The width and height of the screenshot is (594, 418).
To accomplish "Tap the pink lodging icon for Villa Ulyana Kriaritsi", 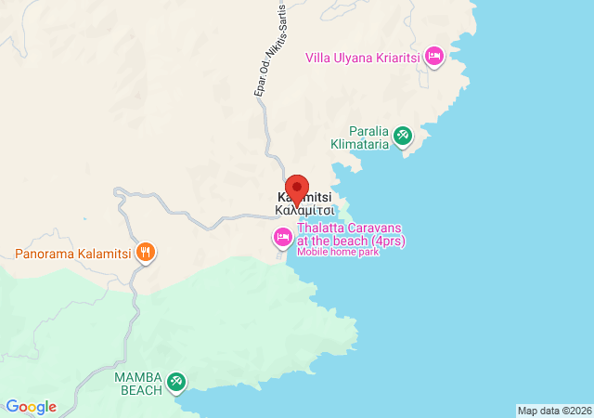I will click(x=434, y=57).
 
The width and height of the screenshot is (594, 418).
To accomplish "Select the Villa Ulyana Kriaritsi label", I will click(x=363, y=58).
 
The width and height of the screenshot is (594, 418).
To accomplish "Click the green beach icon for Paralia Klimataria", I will click(x=403, y=137).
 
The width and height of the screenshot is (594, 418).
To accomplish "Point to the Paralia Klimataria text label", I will click(x=361, y=137).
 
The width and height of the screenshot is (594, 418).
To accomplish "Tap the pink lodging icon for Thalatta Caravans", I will click(x=282, y=238).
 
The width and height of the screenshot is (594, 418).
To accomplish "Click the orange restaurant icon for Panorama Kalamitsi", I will click(x=145, y=252).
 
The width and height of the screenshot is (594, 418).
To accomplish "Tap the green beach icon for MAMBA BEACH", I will click(x=175, y=381).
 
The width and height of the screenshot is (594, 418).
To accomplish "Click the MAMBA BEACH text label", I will click(x=138, y=382).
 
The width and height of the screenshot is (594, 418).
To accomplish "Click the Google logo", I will click(x=31, y=407).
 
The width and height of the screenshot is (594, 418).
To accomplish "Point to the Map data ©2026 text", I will click(x=554, y=411).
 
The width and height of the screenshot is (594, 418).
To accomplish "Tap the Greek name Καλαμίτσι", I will click(x=304, y=210).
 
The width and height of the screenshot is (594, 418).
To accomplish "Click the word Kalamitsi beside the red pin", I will click(x=304, y=198).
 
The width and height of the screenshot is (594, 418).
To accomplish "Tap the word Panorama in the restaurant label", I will click(x=45, y=253).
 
